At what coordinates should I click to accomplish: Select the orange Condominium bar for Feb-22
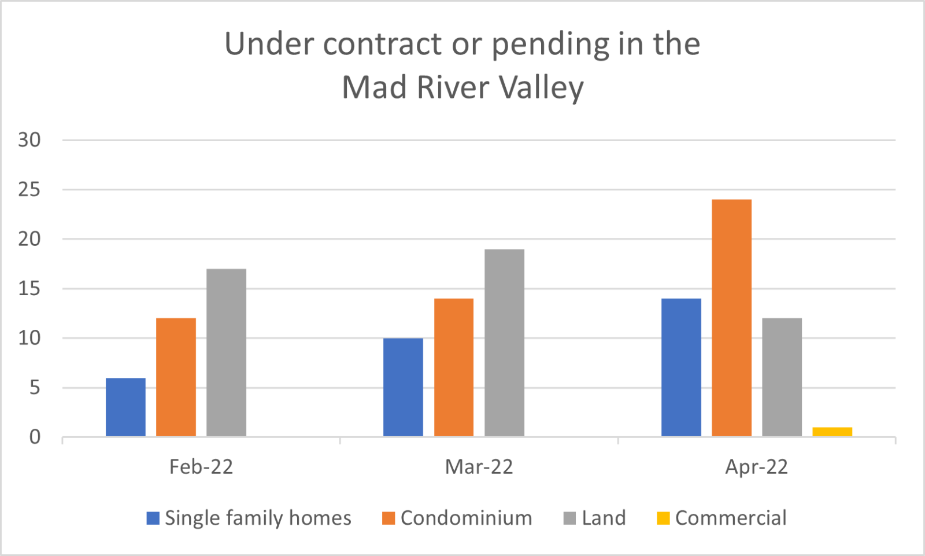pos(176,377)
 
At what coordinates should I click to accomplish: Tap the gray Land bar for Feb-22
pos(226,352)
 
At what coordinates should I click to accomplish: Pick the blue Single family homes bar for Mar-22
pos(403,387)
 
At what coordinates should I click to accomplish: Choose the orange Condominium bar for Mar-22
pos(454,367)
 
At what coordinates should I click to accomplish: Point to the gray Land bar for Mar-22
pos(504,343)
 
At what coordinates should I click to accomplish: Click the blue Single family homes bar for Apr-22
pos(681,367)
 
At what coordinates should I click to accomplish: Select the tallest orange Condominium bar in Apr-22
pos(731,318)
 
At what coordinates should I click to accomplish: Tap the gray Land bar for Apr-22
pos(782,377)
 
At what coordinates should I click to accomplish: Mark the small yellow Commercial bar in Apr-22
pos(832,432)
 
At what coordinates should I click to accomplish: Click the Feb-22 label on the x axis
pos(201,467)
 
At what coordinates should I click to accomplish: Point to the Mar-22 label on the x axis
pos(479,467)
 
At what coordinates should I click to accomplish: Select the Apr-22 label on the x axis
pos(756,467)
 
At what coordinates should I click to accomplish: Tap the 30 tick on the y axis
pos(29,140)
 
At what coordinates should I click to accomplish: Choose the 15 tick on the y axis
pos(29,289)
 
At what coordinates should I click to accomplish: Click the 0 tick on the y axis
pos(35,437)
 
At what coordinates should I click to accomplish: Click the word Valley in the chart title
pos(541,88)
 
